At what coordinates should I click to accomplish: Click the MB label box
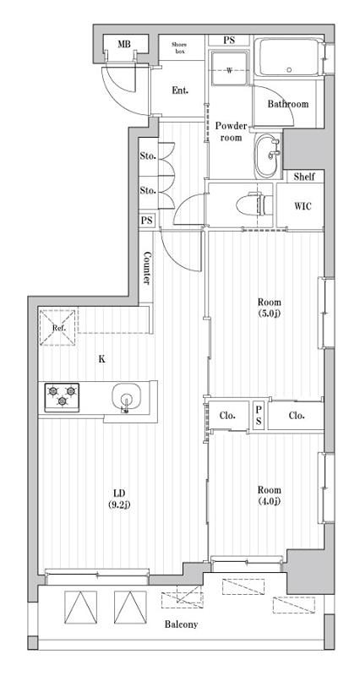(x=123, y=44)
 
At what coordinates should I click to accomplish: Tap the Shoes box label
(x=179, y=47)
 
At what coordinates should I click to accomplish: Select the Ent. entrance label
(x=180, y=90)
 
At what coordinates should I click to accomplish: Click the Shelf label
(x=304, y=177)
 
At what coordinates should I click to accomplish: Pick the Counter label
(x=147, y=268)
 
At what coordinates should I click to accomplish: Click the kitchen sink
(x=126, y=397)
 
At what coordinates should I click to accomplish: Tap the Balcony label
(x=180, y=624)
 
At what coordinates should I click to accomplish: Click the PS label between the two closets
(x=259, y=415)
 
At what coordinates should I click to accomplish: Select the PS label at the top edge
(x=229, y=41)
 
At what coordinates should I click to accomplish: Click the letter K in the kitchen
(x=101, y=359)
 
